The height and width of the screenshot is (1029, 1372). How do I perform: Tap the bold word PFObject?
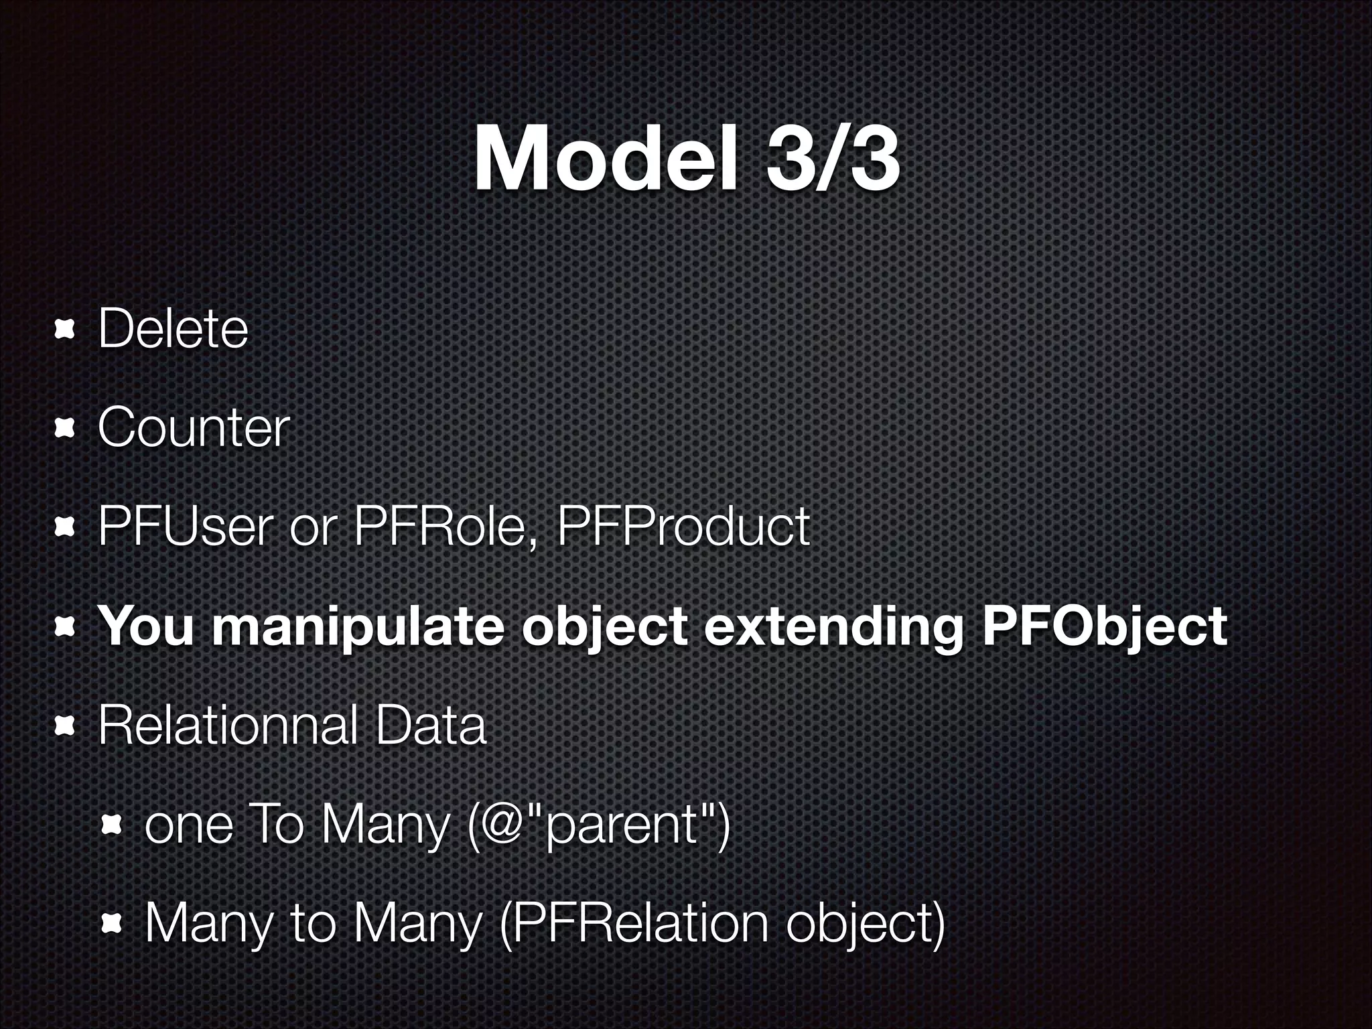tap(1104, 626)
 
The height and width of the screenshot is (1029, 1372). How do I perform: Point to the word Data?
tap(430, 726)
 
